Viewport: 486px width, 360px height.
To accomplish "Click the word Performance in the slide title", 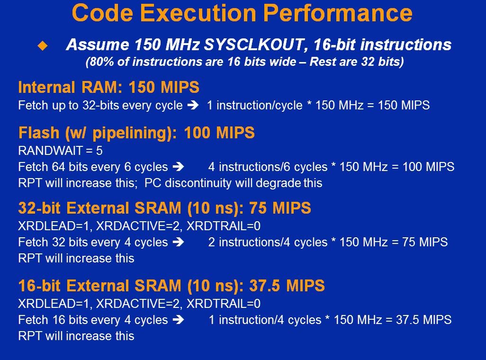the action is (338, 13).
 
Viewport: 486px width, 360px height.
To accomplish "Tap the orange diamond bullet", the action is (43, 46).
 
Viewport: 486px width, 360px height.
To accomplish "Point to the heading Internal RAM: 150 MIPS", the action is (108, 87).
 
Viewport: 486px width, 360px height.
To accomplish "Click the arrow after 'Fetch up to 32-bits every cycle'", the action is (193, 106).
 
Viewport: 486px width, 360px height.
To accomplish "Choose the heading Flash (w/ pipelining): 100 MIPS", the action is (136, 133).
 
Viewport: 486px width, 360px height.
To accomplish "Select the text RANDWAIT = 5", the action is (61, 151).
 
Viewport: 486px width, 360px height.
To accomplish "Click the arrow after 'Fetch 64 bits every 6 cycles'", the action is (178, 167).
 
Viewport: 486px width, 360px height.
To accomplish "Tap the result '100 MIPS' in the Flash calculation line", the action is (428, 167).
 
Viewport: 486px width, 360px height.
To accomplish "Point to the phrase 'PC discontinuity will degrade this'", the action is (234, 183).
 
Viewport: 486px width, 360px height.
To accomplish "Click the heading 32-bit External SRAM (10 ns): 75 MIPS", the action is (164, 208).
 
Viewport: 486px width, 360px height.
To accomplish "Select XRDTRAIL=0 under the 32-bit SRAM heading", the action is (224, 226).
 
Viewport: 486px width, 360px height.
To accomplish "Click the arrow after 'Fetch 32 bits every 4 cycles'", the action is (178, 242).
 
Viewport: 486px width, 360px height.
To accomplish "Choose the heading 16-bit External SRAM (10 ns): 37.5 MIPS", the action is (171, 286).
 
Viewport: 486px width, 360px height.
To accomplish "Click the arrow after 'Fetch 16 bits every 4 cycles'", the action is (178, 320).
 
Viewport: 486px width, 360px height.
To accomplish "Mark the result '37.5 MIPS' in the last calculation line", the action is (423, 320).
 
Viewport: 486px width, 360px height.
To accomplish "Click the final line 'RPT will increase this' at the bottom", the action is (76, 336).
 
